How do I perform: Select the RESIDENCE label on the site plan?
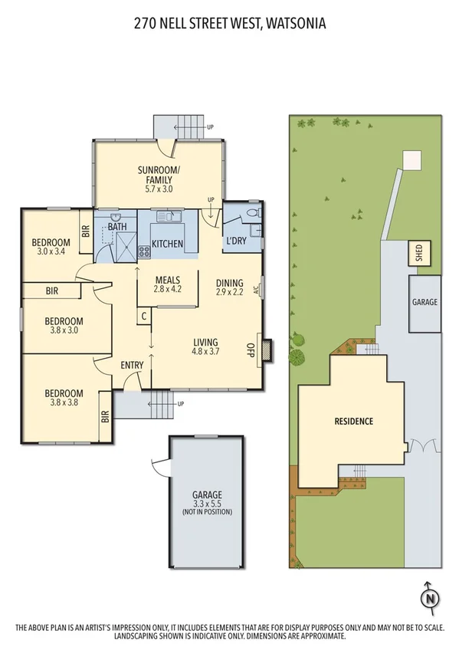tap(353, 421)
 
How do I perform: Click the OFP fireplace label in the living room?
tap(249, 350)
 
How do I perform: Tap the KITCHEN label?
tap(167, 244)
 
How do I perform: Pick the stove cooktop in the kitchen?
tap(144, 251)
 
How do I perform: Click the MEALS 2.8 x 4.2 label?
tap(167, 284)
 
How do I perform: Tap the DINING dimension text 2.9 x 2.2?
tap(229, 292)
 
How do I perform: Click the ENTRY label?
tap(132, 365)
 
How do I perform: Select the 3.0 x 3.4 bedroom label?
tap(49, 251)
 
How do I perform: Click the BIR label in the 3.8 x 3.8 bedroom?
tap(105, 417)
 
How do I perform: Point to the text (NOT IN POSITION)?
tap(207, 511)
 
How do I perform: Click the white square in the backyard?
tap(412, 159)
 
